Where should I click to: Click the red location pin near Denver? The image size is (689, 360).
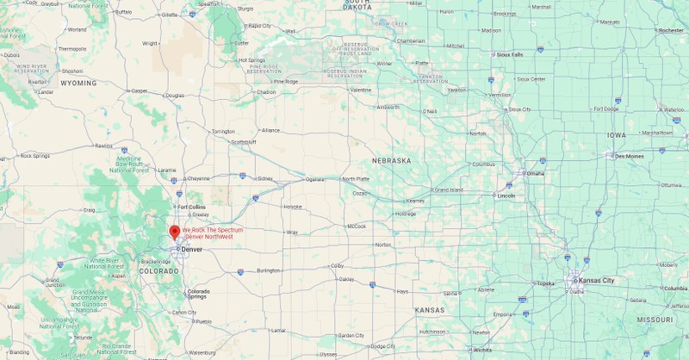click(174, 233)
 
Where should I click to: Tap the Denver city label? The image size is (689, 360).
click(191, 250)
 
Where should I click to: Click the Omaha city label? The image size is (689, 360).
click(536, 174)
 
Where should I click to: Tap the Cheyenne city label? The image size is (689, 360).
click(198, 178)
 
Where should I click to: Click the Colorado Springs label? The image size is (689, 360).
click(198, 294)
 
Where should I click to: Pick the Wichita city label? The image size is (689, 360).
click(483, 350)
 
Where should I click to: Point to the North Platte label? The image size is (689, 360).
click(356, 179)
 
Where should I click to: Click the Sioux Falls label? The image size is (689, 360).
click(510, 54)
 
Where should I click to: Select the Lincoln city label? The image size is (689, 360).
click(506, 196)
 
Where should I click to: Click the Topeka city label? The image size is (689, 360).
click(546, 283)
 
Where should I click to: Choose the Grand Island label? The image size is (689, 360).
click(448, 189)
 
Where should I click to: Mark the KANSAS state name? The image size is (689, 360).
click(428, 309)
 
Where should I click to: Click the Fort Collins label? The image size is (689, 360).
click(190, 207)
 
